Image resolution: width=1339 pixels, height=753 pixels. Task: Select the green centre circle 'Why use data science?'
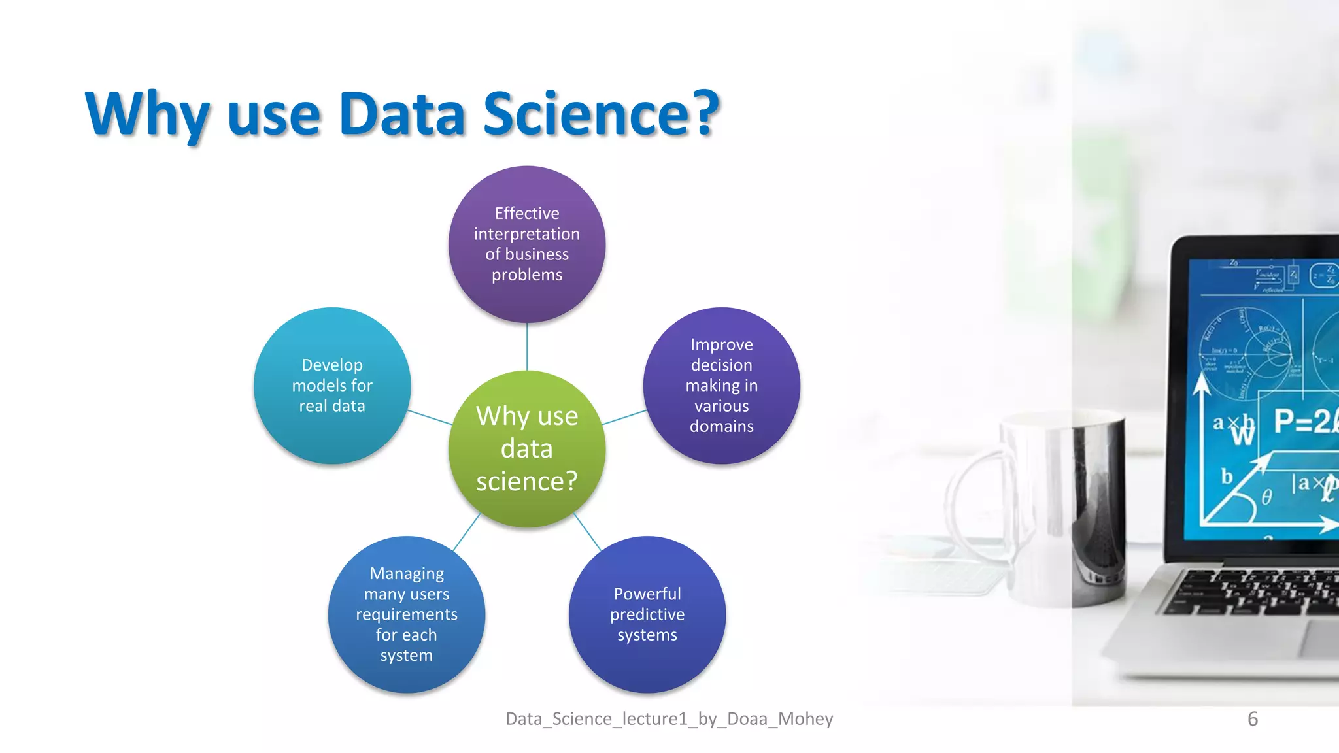point(527,449)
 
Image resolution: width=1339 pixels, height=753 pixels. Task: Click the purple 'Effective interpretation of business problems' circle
point(527,244)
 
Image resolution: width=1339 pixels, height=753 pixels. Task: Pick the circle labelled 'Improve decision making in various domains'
point(722,386)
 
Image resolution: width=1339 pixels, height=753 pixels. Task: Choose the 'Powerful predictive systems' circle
point(647,614)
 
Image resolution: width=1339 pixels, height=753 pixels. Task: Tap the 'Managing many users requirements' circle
point(407,614)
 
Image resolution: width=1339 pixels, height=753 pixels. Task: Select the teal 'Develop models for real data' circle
point(332,386)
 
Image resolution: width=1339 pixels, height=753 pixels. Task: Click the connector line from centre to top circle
point(527,346)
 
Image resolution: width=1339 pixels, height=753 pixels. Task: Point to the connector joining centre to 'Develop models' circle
point(430,417)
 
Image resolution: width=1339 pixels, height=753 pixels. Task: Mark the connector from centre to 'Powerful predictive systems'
point(587,531)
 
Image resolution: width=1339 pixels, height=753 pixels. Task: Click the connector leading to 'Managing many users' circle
point(467,531)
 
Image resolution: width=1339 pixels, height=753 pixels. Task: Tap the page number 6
point(1252,719)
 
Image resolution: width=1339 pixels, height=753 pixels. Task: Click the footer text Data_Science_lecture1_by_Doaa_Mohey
point(669,719)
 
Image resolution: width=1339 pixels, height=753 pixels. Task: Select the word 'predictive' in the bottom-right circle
point(647,614)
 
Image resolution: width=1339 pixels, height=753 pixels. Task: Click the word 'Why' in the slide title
point(147,114)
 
